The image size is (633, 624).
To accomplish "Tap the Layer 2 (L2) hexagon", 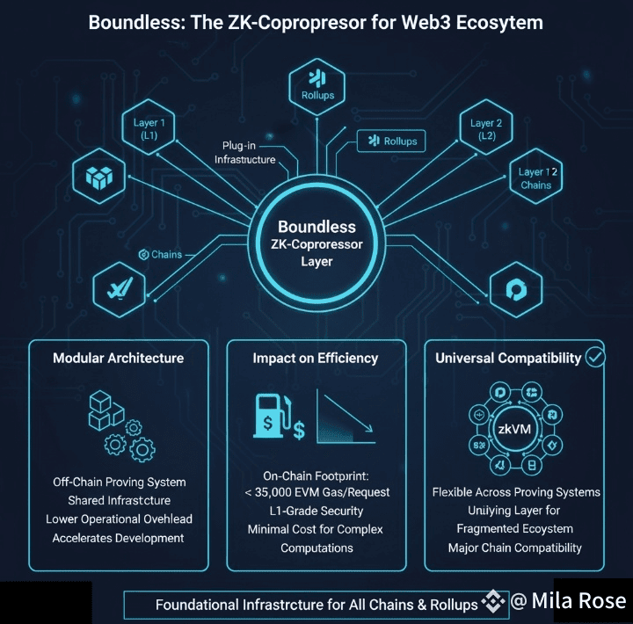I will pos(486,129).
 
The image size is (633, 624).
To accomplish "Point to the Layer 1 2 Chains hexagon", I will pos(535,178).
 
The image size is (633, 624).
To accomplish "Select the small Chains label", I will pos(162,255).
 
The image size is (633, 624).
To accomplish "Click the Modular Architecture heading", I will pos(118,358).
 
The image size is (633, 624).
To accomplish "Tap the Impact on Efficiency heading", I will pos(315,358).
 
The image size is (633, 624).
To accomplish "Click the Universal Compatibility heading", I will pos(508,358).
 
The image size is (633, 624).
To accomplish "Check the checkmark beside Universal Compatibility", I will pos(595,357).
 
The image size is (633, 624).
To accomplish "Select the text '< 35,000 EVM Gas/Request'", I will pos(316,492).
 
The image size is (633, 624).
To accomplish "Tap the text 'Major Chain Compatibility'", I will pos(514,548).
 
